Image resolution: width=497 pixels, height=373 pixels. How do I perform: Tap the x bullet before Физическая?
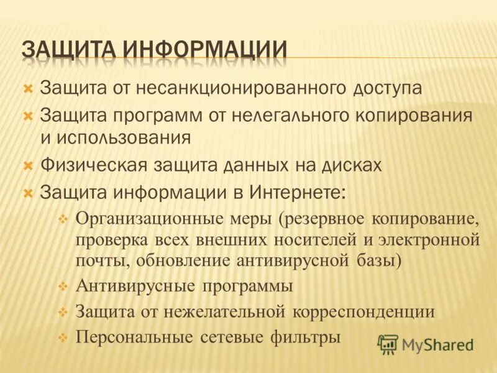[27, 165]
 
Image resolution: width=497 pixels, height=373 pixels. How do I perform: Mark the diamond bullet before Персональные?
[62, 338]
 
